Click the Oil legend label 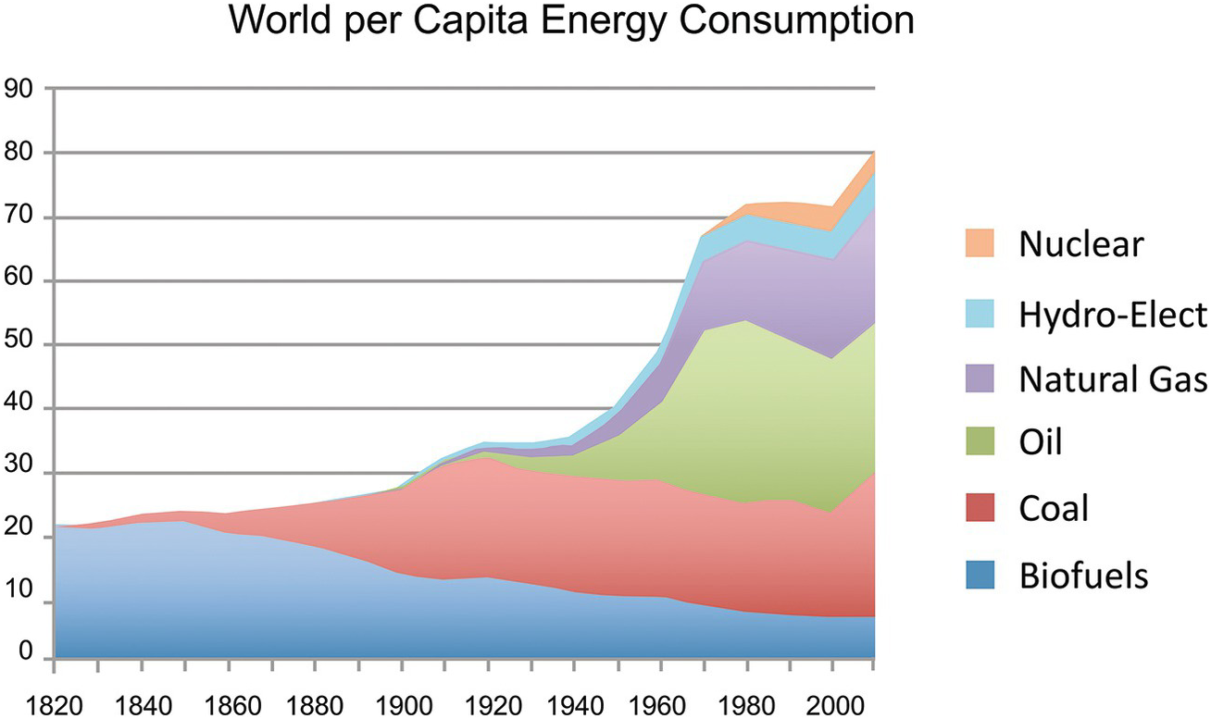point(1041,442)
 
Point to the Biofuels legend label point(1083,576)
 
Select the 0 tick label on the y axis point(26,656)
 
